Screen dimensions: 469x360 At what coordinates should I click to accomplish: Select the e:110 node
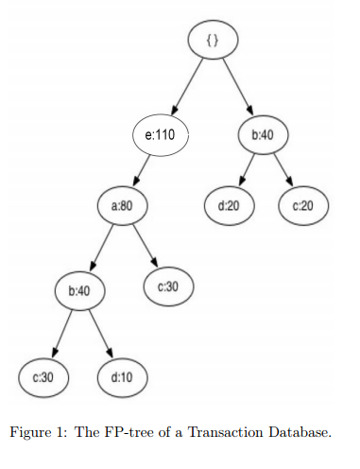(160, 135)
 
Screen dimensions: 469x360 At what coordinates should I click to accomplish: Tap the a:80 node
(123, 205)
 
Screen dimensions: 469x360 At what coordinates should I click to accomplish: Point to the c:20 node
(301, 205)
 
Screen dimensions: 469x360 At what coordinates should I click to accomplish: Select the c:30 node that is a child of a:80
(167, 286)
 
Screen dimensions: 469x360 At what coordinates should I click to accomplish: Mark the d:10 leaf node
(120, 376)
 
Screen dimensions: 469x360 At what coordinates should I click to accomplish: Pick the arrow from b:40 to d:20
(246, 170)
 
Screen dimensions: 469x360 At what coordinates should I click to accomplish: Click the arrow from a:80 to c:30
(146, 246)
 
